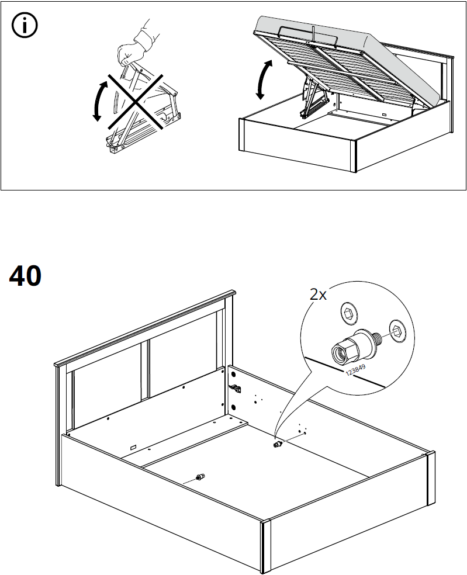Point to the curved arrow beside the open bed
coord(264,79)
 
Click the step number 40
coord(26,276)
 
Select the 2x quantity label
coord(318,295)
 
